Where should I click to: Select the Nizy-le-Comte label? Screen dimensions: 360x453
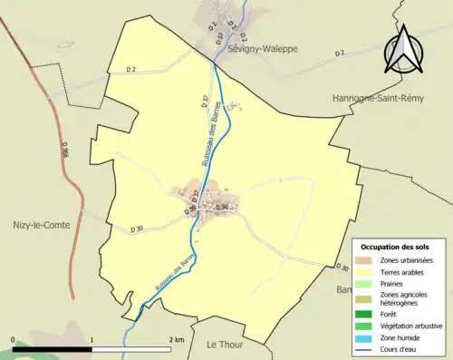click(38, 224)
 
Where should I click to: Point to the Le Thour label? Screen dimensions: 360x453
click(226, 344)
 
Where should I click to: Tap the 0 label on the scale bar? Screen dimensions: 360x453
click(14, 339)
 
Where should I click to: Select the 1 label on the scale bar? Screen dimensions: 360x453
click(92, 339)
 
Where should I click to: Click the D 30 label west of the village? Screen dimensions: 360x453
click(138, 229)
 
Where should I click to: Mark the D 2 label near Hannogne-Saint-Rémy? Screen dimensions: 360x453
click(339, 54)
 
